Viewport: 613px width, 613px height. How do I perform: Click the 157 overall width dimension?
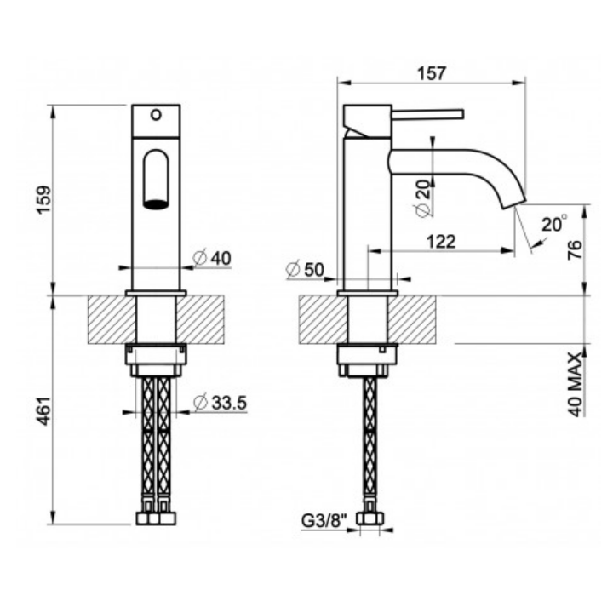tap(431, 73)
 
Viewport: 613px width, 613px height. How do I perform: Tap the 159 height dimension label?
tap(43, 200)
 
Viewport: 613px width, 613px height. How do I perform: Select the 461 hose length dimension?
tap(43, 410)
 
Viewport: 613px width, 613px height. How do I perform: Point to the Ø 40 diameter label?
tap(212, 258)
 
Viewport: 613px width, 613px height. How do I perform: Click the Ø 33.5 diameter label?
tap(221, 402)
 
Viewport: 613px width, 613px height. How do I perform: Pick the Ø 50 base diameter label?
tap(305, 269)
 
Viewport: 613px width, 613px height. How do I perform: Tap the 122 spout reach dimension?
tap(441, 241)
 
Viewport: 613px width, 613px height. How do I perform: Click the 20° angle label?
tap(554, 224)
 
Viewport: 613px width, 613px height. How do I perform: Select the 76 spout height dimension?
tap(575, 249)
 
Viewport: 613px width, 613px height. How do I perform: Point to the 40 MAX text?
tap(575, 384)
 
